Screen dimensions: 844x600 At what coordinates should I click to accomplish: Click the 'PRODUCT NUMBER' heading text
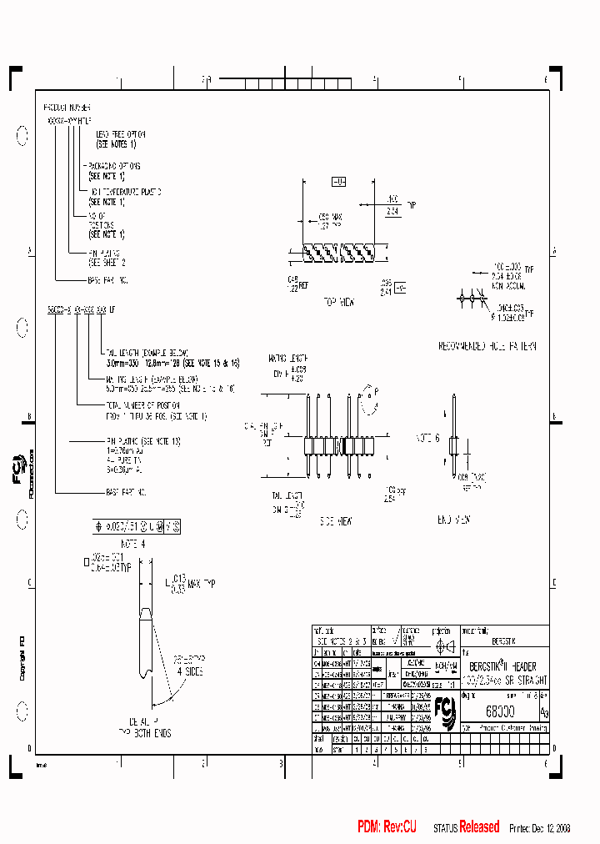click(x=67, y=108)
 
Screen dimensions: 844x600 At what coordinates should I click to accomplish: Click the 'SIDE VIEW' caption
click(x=337, y=520)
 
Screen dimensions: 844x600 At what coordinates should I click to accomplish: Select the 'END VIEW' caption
click(x=456, y=520)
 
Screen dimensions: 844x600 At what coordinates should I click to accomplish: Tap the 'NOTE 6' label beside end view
click(x=427, y=437)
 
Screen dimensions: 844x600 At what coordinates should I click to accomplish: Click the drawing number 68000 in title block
click(x=499, y=710)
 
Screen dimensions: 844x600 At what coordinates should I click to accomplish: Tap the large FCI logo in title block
click(x=447, y=711)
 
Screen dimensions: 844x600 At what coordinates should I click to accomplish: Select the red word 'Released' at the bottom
click(x=479, y=827)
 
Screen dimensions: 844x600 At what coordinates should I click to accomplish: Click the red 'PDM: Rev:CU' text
click(x=387, y=827)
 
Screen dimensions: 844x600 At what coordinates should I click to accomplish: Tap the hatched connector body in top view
click(x=338, y=249)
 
